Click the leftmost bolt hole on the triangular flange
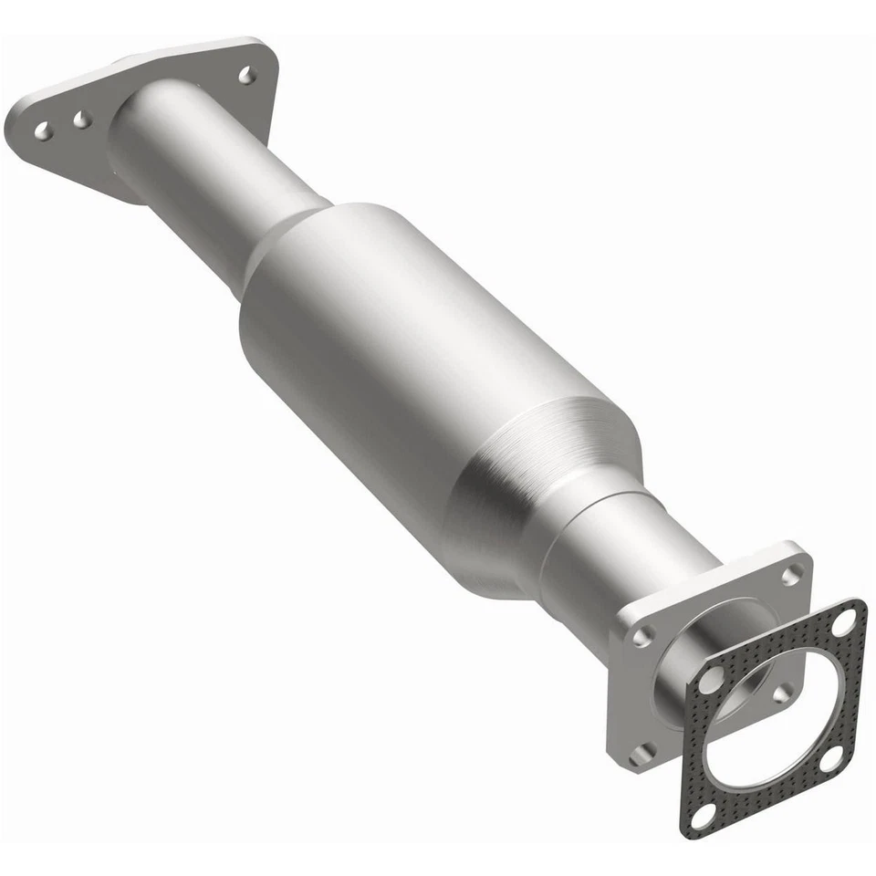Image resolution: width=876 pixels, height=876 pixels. pyautogui.click(x=42, y=131)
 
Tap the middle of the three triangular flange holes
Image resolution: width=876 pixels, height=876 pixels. pyautogui.click(x=82, y=120)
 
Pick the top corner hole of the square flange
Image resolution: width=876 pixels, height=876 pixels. pyautogui.click(x=791, y=574)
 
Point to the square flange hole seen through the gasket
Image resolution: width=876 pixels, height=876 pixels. pyautogui.click(x=780, y=693)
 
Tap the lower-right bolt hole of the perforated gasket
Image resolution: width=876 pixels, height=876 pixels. pyautogui.click(x=831, y=756)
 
